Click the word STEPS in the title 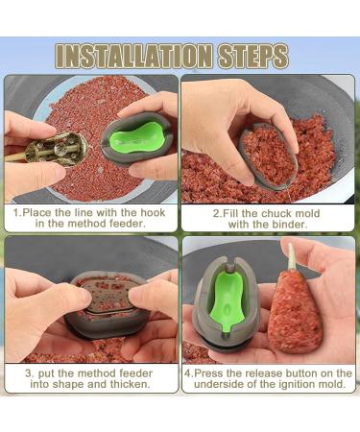(x=251, y=55)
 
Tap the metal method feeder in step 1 (x=59, y=148)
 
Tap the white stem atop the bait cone (x=289, y=256)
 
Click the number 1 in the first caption (x=17, y=208)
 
